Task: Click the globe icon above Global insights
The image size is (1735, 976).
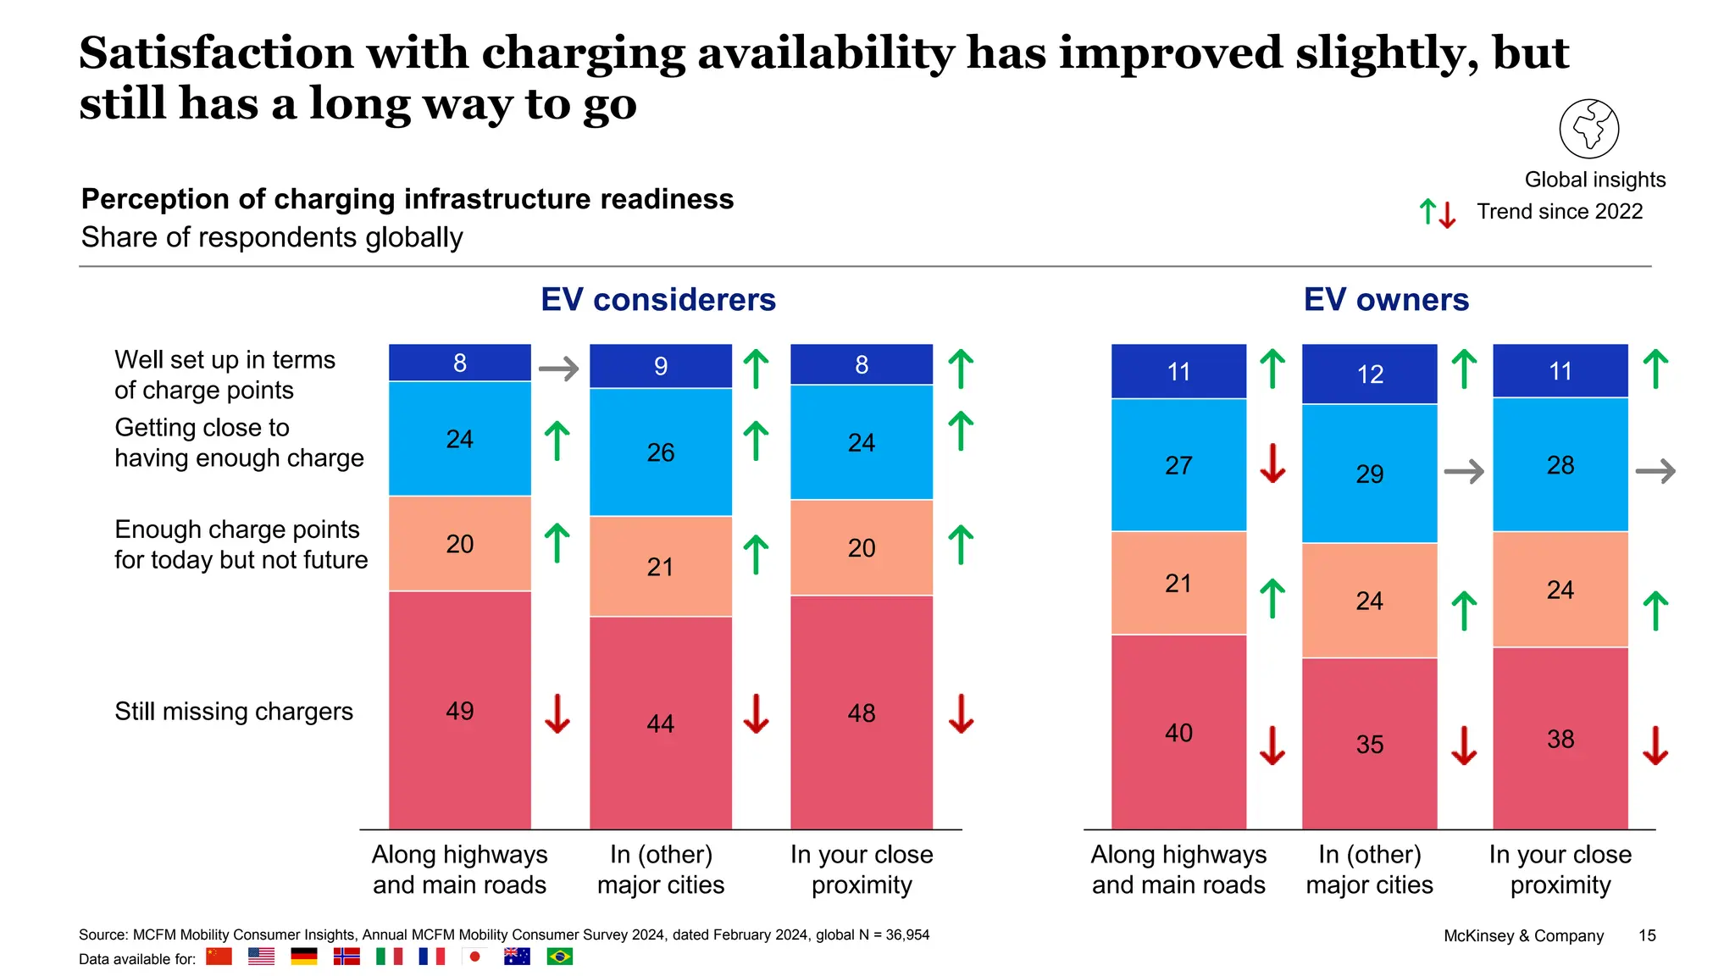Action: tap(1588, 129)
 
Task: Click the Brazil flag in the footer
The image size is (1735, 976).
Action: tap(559, 957)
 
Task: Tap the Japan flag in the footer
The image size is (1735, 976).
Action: tap(474, 957)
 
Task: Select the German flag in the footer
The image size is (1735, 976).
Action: tap(303, 957)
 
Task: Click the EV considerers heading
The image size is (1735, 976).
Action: tap(658, 300)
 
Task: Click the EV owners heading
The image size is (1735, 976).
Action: tap(1386, 300)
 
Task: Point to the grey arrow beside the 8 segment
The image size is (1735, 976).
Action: tap(558, 369)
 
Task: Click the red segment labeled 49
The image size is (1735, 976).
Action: tap(459, 710)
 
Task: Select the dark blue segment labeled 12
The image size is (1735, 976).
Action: tap(1369, 374)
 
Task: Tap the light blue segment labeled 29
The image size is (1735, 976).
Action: tap(1369, 474)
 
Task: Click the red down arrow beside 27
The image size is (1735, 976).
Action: tap(1272, 463)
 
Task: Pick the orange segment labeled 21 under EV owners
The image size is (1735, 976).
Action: tap(1178, 583)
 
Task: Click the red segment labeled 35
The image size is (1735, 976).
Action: tap(1369, 744)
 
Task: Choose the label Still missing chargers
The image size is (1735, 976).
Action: tap(234, 712)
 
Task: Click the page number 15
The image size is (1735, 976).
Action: tap(1647, 935)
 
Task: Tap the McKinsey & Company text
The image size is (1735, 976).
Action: tap(1523, 935)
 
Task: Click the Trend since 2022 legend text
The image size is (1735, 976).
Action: tap(1560, 212)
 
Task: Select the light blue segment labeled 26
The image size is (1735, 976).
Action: tap(661, 452)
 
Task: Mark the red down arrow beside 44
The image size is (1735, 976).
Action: tap(756, 713)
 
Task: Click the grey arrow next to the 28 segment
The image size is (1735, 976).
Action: tap(1655, 471)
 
